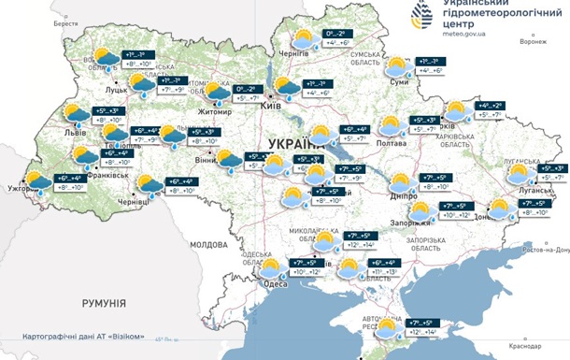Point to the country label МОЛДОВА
(208, 244)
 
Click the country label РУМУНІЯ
(103, 303)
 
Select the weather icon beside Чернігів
(303, 39)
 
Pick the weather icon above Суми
(398, 65)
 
